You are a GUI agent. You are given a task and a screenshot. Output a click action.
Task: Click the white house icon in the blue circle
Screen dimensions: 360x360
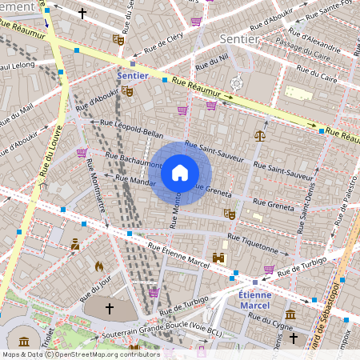(x=179, y=173)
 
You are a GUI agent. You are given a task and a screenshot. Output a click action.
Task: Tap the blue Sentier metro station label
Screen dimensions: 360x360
(x=132, y=75)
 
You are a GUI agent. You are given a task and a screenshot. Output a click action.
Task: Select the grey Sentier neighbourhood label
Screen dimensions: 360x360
(x=238, y=38)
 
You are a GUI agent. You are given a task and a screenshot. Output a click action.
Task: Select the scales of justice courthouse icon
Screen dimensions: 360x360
(x=259, y=135)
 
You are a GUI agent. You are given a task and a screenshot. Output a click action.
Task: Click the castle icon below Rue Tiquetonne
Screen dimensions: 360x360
(x=218, y=258)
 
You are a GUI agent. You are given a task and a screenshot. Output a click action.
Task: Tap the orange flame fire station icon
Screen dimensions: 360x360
(x=99, y=266)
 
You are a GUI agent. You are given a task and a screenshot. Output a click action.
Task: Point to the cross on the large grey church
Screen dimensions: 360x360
(x=110, y=307)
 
